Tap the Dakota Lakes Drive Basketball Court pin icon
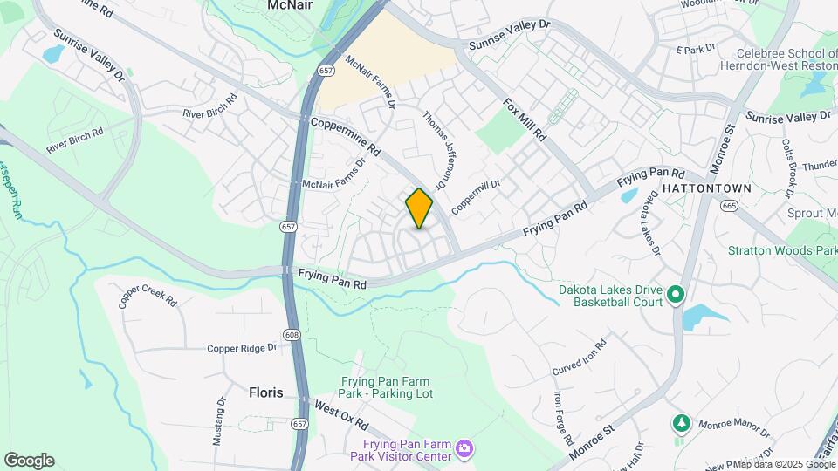[675, 296]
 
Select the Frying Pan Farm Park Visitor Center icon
[464, 448]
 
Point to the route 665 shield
[729, 205]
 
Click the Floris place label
[266, 392]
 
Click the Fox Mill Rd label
[524, 120]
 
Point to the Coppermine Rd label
[342, 137]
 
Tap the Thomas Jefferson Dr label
[435, 149]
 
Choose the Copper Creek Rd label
[148, 296]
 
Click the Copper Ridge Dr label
[242, 348]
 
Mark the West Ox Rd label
[341, 414]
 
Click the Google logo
[29, 461]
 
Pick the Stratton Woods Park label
[781, 250]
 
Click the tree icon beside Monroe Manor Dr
[681, 424]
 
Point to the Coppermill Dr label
[477, 197]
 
